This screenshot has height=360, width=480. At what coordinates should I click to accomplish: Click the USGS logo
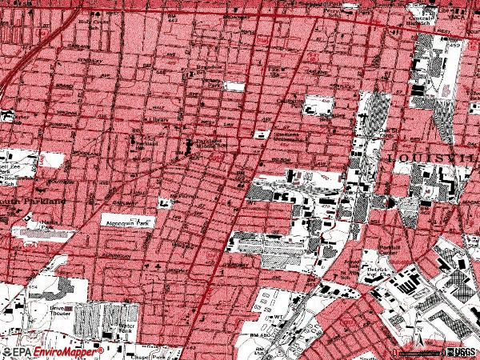[460, 351]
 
